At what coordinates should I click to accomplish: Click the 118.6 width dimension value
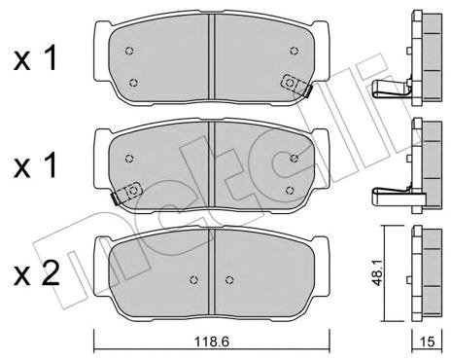click(212, 342)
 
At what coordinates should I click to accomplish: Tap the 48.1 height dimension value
click(378, 273)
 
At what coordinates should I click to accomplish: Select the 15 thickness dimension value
click(427, 342)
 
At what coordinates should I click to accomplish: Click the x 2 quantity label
click(36, 274)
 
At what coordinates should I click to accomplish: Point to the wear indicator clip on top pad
click(295, 85)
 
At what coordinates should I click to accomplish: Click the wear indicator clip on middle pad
click(126, 193)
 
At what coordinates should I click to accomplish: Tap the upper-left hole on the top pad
click(129, 51)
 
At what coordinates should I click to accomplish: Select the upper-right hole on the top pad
click(294, 51)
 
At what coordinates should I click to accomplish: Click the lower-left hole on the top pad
click(133, 83)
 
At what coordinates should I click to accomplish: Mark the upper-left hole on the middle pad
click(129, 159)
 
